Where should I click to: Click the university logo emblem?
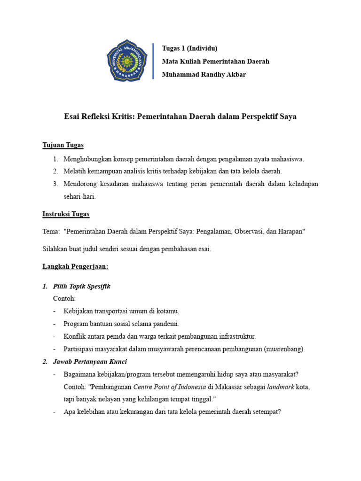(127, 61)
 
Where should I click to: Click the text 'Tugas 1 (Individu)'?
(189, 48)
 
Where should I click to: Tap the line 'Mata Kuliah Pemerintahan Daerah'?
(215, 62)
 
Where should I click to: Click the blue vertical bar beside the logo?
(154, 61)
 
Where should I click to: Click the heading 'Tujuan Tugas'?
(63, 145)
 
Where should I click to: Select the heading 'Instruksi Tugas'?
(66, 214)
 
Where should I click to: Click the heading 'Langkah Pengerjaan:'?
(75, 266)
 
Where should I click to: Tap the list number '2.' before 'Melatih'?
(55, 171)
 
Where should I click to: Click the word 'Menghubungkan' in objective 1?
(86, 159)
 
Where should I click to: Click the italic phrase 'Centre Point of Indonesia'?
(170, 387)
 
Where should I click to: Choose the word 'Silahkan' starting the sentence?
(55, 249)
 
